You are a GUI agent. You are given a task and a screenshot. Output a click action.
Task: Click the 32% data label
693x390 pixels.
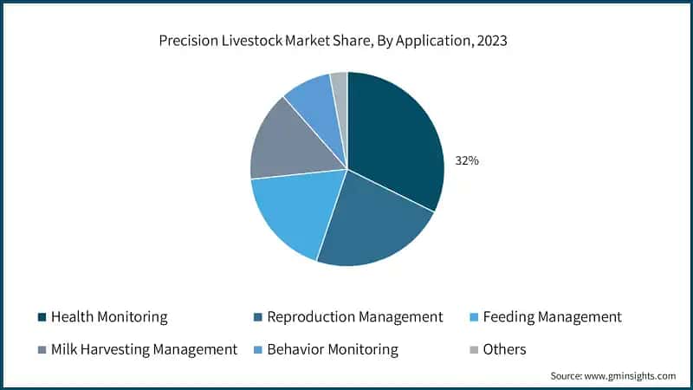(467, 161)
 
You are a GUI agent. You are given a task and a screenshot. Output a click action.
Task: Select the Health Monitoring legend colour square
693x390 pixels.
(41, 317)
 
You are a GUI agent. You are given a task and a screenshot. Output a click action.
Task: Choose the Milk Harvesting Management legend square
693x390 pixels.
(41, 350)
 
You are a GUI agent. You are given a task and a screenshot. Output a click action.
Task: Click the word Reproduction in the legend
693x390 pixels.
(307, 317)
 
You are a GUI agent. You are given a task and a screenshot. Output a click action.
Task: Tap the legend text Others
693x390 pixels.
(505, 350)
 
